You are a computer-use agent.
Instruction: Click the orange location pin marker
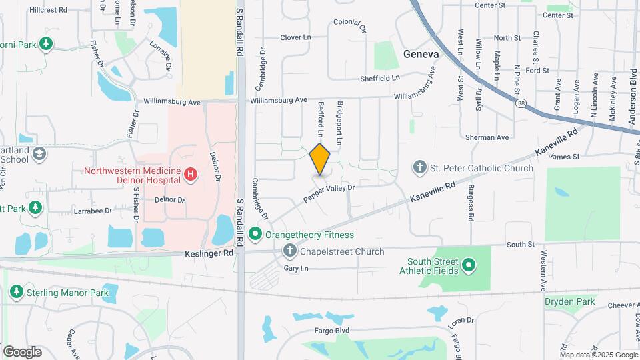(320, 159)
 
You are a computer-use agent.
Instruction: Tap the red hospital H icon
(191, 175)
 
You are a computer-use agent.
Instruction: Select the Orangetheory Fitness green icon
(255, 235)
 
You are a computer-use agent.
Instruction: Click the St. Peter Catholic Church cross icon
(420, 167)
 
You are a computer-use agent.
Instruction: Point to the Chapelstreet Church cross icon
(289, 251)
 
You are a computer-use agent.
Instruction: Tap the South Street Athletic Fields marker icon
(469, 266)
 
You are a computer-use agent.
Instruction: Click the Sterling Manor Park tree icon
(17, 292)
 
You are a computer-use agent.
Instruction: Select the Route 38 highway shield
(521, 103)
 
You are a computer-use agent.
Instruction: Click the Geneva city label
(421, 54)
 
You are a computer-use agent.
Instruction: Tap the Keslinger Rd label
(209, 253)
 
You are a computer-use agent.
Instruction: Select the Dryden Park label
(569, 301)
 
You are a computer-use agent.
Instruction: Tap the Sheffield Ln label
(380, 78)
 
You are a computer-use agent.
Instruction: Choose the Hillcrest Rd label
(49, 10)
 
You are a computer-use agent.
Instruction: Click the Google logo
(22, 351)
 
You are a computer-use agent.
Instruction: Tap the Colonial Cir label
(350, 26)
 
